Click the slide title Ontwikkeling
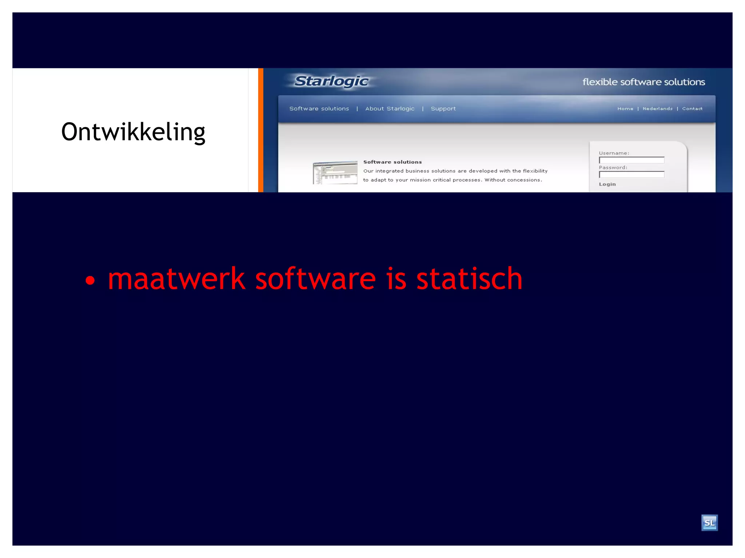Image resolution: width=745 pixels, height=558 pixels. click(133, 132)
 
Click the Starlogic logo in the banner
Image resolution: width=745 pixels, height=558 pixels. click(331, 81)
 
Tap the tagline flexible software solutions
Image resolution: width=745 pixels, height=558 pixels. click(644, 82)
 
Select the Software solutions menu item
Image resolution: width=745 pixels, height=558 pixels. click(319, 109)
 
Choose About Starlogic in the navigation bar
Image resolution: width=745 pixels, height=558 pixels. click(390, 109)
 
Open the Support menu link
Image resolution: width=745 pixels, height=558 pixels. click(443, 109)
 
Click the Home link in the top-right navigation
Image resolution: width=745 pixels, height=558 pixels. click(625, 109)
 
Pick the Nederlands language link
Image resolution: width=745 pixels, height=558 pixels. click(657, 109)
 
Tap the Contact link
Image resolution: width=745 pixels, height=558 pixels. click(692, 109)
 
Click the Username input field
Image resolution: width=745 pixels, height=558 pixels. click(632, 160)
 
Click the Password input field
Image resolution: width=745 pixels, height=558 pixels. click(632, 175)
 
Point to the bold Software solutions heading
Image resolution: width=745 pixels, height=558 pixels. click(393, 162)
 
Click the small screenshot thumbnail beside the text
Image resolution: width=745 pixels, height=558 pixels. click(335, 173)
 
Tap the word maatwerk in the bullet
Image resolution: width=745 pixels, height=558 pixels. click(176, 279)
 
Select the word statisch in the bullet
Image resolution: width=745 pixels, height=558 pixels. click(469, 279)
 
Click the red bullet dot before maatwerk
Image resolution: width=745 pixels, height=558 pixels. click(90, 280)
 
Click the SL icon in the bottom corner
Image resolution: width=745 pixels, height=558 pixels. click(709, 523)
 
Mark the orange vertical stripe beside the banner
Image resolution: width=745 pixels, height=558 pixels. click(260, 130)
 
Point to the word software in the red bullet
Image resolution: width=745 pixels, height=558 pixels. click(315, 279)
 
